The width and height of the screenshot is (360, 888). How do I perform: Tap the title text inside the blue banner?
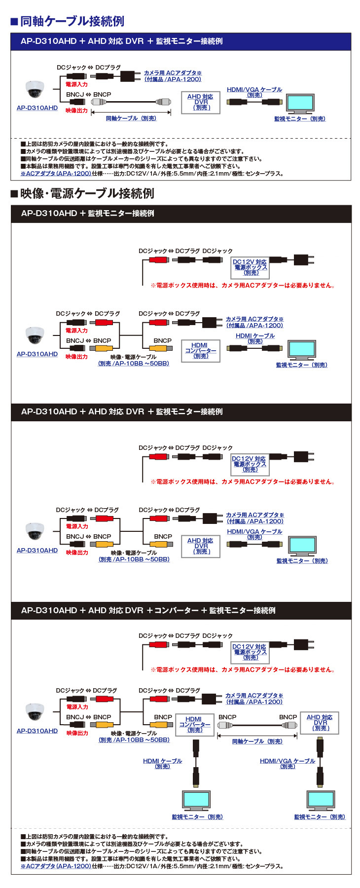pyautogui.click(x=121, y=41)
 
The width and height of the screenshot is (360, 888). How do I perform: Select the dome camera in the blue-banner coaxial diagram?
pyautogui.click(x=35, y=89)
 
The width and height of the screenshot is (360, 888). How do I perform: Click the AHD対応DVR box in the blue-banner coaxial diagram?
pyautogui.click(x=200, y=102)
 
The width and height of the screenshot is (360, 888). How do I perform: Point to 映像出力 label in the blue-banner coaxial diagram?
pyautogui.click(x=76, y=111)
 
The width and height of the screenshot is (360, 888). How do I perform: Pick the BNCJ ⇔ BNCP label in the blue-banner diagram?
pyautogui.click(x=88, y=94)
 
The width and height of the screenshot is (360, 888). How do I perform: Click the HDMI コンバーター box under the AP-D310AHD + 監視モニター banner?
pyautogui.click(x=200, y=351)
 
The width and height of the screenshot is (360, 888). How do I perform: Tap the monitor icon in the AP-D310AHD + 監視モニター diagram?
pyautogui.click(x=302, y=350)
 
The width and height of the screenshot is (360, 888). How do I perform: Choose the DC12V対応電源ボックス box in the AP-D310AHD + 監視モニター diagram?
pyautogui.click(x=250, y=267)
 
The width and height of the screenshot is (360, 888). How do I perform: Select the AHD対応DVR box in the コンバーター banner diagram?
pyautogui.click(x=320, y=723)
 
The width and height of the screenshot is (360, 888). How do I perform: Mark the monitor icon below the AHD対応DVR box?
pyautogui.click(x=320, y=799)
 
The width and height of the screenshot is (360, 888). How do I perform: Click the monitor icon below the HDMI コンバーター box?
pyautogui.click(x=196, y=799)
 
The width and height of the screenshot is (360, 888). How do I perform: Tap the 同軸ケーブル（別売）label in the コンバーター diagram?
pyautogui.click(x=257, y=741)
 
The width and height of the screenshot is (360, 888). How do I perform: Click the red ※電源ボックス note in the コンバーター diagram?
pyautogui.click(x=243, y=669)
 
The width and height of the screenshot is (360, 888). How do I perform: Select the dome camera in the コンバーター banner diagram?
pyautogui.click(x=35, y=712)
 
